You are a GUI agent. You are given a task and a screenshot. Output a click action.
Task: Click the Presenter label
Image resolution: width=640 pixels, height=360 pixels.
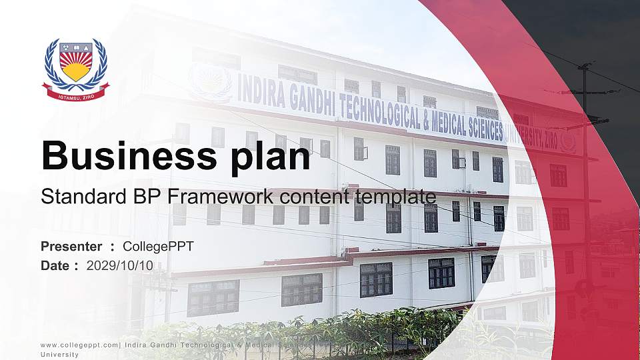71,247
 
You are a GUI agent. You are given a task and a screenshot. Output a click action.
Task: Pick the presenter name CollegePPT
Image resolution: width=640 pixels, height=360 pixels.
159,247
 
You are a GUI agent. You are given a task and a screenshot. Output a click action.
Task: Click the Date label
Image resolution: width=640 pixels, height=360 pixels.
55,265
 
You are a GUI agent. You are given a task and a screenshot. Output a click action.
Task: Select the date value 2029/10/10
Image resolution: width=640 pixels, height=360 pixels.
120,265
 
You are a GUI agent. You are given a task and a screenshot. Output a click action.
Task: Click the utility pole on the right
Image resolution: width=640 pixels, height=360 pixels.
586,167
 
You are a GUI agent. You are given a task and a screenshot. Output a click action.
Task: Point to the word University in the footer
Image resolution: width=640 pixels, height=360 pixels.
59,355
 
